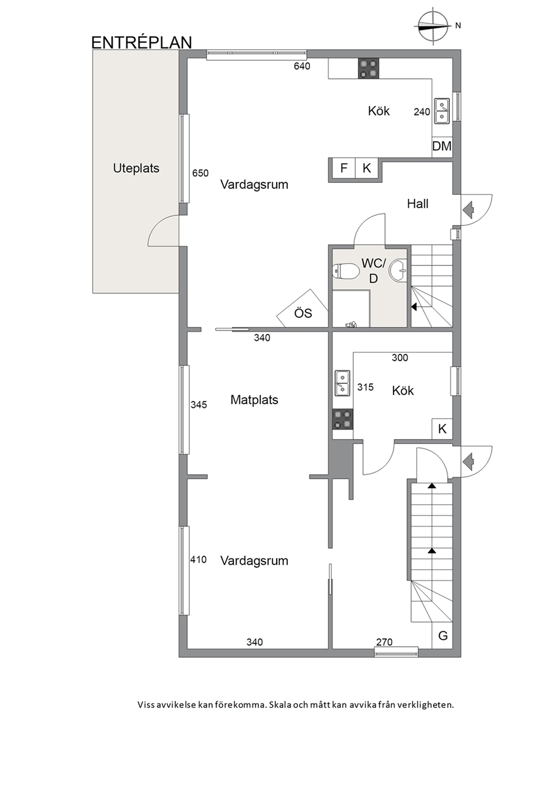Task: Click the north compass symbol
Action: [434, 26]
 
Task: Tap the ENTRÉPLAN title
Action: [142, 42]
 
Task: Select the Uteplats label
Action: [136, 168]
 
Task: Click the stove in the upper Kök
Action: [369, 68]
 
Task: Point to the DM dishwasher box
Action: [442, 146]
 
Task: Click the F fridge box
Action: [344, 169]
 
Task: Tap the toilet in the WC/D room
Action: [345, 272]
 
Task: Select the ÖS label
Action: [303, 313]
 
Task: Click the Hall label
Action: [418, 204]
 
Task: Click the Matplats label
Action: [254, 400]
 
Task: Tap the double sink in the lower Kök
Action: [343, 383]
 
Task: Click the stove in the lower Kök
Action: [343, 419]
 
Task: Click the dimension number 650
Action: [200, 173]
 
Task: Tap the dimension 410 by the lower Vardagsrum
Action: [198, 559]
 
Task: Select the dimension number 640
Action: [302, 66]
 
